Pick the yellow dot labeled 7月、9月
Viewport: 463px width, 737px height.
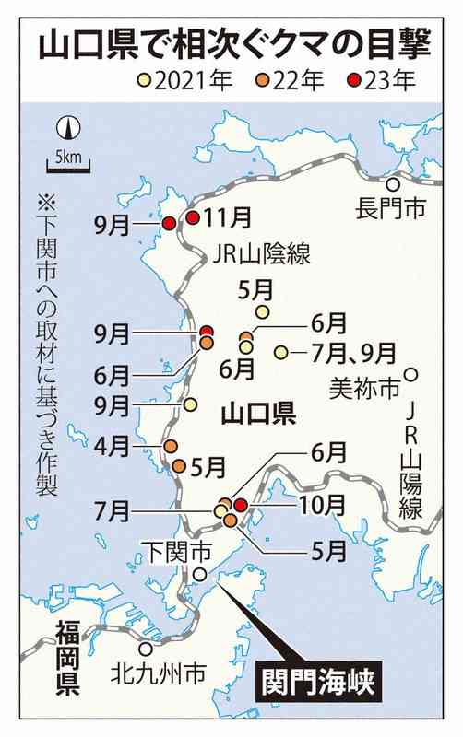click(x=280, y=352)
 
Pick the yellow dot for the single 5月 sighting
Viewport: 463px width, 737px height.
click(x=263, y=312)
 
